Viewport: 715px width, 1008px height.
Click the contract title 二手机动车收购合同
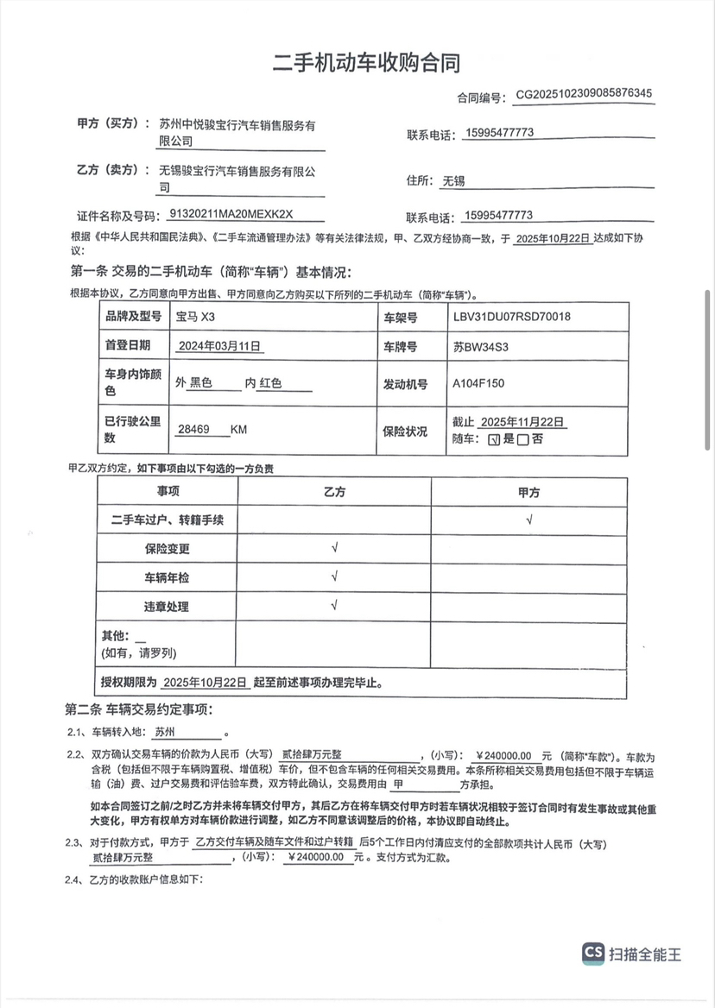[x=366, y=62]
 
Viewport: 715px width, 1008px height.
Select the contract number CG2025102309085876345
[x=584, y=94]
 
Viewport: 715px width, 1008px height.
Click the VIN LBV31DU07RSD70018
[x=511, y=317]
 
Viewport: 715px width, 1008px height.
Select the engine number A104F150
[x=478, y=383]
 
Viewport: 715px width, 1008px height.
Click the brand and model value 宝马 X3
[x=195, y=317]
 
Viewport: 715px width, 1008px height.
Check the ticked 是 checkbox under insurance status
[x=494, y=439]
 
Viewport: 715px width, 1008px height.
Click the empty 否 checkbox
[x=523, y=439]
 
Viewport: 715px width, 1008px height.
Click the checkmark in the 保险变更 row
[x=333, y=548]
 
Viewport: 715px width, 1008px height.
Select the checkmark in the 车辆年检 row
[x=333, y=576]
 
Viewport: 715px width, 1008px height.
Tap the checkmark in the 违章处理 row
[x=333, y=606]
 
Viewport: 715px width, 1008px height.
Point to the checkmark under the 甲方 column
[x=528, y=520]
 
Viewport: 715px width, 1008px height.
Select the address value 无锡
[x=453, y=181]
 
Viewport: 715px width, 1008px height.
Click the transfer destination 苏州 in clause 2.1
[x=164, y=731]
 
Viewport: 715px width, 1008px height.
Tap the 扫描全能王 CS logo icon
[x=593, y=953]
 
